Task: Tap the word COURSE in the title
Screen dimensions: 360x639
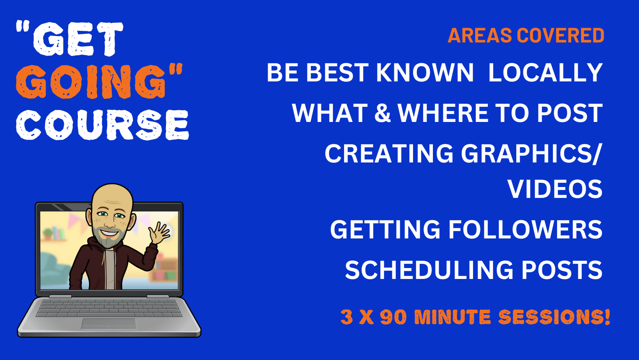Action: [102, 125]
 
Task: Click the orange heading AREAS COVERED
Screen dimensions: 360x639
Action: [526, 36]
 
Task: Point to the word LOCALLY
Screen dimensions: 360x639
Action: [545, 73]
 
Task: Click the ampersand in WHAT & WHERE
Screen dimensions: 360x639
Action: [383, 113]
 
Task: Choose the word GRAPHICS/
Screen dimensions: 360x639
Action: [532, 154]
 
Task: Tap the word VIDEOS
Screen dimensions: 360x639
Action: [555, 189]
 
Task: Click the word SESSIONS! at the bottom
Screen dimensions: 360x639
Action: [554, 317]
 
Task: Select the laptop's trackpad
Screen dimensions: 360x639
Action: [109, 323]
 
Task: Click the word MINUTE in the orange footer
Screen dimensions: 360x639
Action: [452, 317]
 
